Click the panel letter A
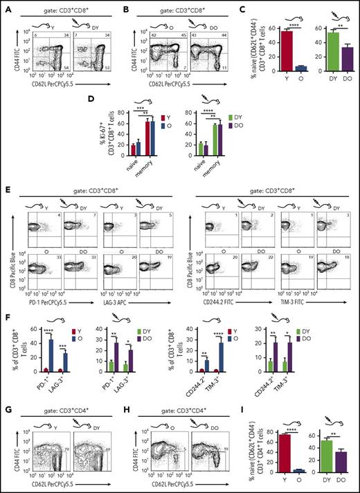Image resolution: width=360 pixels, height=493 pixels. pos(6,6)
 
